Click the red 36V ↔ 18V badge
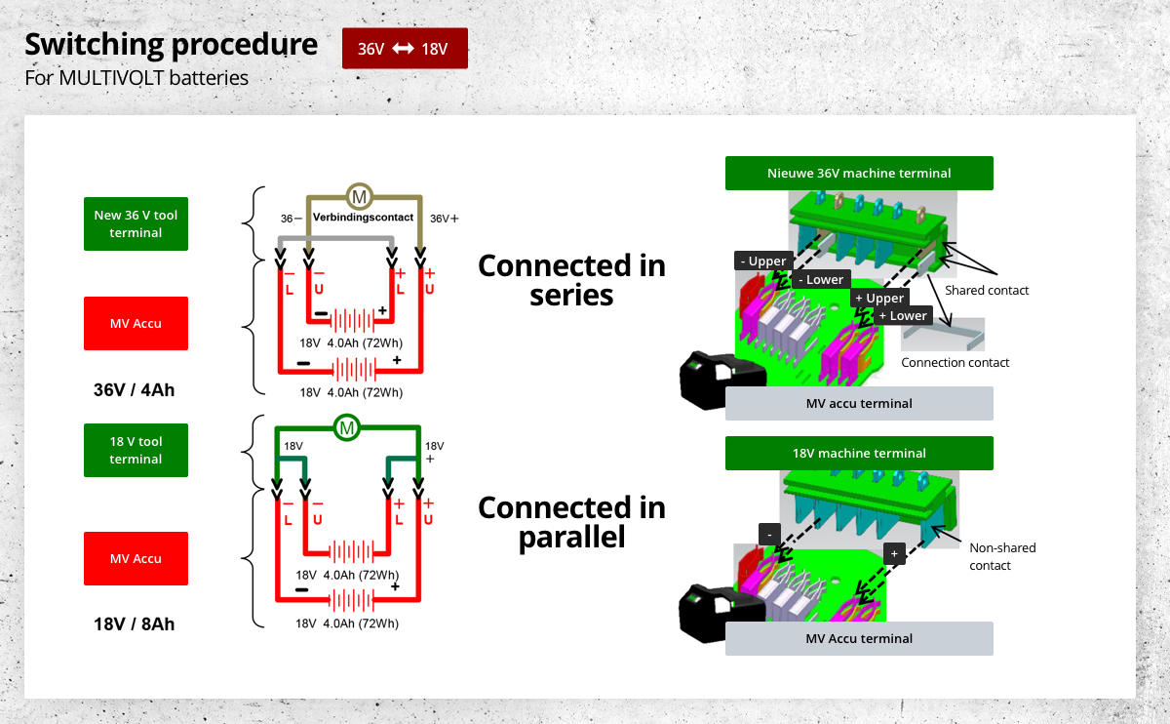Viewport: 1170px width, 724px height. pyautogui.click(x=405, y=49)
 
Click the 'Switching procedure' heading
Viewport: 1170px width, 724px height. pyautogui.click(x=171, y=44)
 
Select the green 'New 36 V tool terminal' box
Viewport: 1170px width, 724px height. pyautogui.click(x=136, y=223)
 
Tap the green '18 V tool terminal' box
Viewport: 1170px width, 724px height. pyautogui.click(x=136, y=450)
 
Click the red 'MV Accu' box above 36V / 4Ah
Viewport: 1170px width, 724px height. pyautogui.click(x=136, y=323)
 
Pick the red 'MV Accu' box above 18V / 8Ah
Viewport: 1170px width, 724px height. pyautogui.click(x=136, y=558)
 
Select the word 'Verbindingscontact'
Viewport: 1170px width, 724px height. pyautogui.click(x=363, y=218)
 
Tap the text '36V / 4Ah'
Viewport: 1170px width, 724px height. pyautogui.click(x=136, y=389)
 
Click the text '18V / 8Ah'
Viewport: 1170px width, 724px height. pyautogui.click(x=136, y=623)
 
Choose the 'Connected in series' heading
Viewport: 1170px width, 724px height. pyautogui.click(x=571, y=279)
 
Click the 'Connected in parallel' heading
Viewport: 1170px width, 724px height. pyautogui.click(x=571, y=521)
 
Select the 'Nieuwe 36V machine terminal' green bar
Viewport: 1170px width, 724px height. pyautogui.click(x=859, y=173)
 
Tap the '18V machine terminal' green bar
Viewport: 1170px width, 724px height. pyautogui.click(x=859, y=453)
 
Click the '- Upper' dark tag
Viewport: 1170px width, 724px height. pyautogui.click(x=762, y=261)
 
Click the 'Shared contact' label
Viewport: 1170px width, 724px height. pyautogui.click(x=987, y=290)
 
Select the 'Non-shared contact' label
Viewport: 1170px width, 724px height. pyautogui.click(x=1002, y=556)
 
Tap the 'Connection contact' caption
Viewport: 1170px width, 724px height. pyautogui.click(x=955, y=362)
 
